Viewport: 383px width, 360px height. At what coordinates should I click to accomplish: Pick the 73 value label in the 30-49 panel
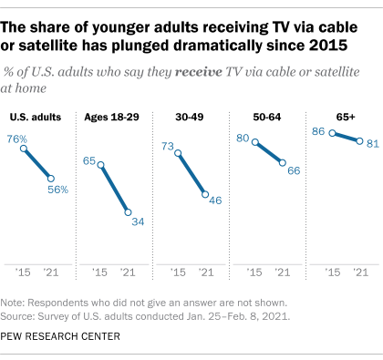pyautogui.click(x=168, y=145)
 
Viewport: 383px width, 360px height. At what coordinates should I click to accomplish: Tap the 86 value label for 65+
pyautogui.click(x=318, y=131)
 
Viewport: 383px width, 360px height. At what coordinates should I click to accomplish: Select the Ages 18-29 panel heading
pyautogui.click(x=114, y=116)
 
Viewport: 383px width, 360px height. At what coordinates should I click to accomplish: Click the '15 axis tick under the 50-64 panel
pyautogui.click(x=255, y=271)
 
